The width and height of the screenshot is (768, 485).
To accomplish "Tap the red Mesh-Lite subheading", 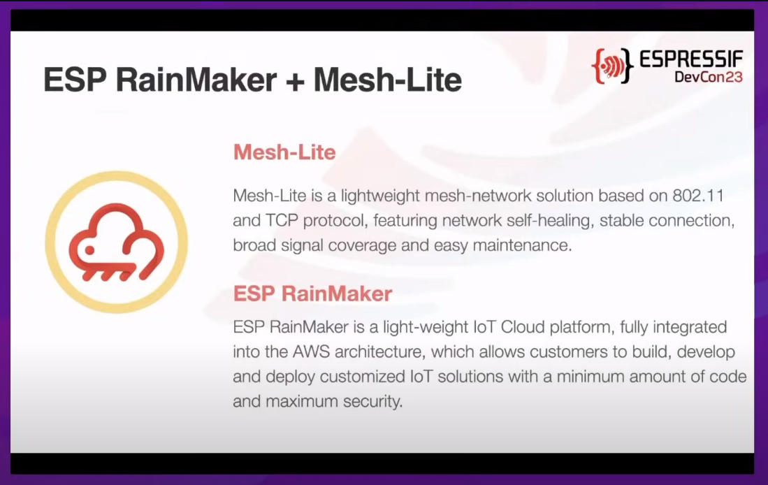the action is pos(284,152).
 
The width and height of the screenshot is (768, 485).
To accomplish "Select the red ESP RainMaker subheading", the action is pos(312,294).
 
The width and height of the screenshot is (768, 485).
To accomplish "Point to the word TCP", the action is pos(282,220).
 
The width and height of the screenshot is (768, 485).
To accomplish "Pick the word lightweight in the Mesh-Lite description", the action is pos(381,196).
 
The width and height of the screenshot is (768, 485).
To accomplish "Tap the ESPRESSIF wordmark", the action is pos(691,60).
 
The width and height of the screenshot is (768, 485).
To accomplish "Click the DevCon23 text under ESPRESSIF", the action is pos(709,77).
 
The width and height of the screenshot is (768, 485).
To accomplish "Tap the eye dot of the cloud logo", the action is pos(89,250).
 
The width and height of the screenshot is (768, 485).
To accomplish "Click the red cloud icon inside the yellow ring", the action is pos(117,243).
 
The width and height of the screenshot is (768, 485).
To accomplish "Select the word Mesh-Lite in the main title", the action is pos(387,80).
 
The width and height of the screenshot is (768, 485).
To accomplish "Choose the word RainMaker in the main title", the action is pos(196,80).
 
